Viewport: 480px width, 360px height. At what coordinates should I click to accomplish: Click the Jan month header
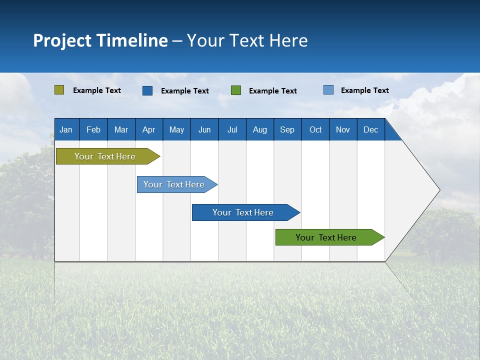coord(66,129)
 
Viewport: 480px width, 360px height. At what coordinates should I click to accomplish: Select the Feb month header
coord(93,129)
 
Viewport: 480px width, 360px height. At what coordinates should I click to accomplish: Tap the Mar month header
coord(121,129)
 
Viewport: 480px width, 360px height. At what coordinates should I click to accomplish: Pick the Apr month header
coord(149,129)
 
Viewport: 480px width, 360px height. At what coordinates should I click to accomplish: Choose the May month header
coord(176,129)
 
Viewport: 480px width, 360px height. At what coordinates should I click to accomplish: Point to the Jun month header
coord(204,129)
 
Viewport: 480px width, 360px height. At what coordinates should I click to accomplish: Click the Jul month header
coord(232,129)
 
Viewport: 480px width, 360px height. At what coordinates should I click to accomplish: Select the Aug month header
coord(260,129)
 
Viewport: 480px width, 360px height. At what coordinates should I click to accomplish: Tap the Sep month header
coord(287,129)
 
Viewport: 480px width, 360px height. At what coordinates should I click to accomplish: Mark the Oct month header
coord(315,129)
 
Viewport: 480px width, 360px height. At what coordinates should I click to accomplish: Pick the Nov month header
coord(343,129)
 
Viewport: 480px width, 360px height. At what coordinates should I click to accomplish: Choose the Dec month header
coord(371,129)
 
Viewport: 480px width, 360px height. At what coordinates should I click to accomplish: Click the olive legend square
coord(59,90)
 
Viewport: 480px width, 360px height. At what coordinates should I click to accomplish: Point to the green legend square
coord(236,90)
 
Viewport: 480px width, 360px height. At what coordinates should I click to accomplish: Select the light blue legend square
coord(328,90)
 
